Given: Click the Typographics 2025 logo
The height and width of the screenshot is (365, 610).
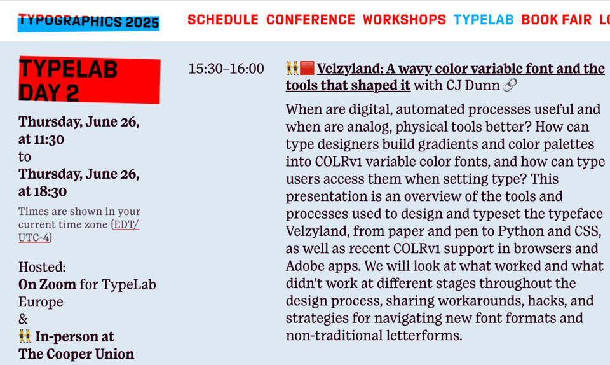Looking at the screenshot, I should (x=88, y=22).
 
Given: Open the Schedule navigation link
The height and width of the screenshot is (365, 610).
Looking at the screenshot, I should (x=222, y=20).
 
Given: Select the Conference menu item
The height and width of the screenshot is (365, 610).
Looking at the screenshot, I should (x=311, y=20).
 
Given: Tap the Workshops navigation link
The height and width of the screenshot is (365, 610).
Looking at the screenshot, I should (x=404, y=20).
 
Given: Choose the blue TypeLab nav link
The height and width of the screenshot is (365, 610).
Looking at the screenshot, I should (x=484, y=20).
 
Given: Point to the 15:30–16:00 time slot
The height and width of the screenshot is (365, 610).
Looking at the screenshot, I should (x=226, y=69).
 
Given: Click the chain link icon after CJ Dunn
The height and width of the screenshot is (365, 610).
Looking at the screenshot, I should (x=510, y=85).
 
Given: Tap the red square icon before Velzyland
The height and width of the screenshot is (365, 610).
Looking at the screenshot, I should (x=308, y=68).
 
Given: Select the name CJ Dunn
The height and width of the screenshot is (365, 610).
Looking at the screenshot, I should (x=471, y=85).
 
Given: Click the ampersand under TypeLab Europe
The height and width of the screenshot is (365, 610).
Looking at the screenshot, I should (x=24, y=319).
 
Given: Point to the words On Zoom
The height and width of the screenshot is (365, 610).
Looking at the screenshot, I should (x=47, y=284).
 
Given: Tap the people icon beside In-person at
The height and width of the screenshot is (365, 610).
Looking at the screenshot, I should (x=25, y=336).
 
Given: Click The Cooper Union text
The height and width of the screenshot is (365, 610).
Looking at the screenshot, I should (x=76, y=354).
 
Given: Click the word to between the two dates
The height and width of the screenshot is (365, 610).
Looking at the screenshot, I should (x=24, y=156).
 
